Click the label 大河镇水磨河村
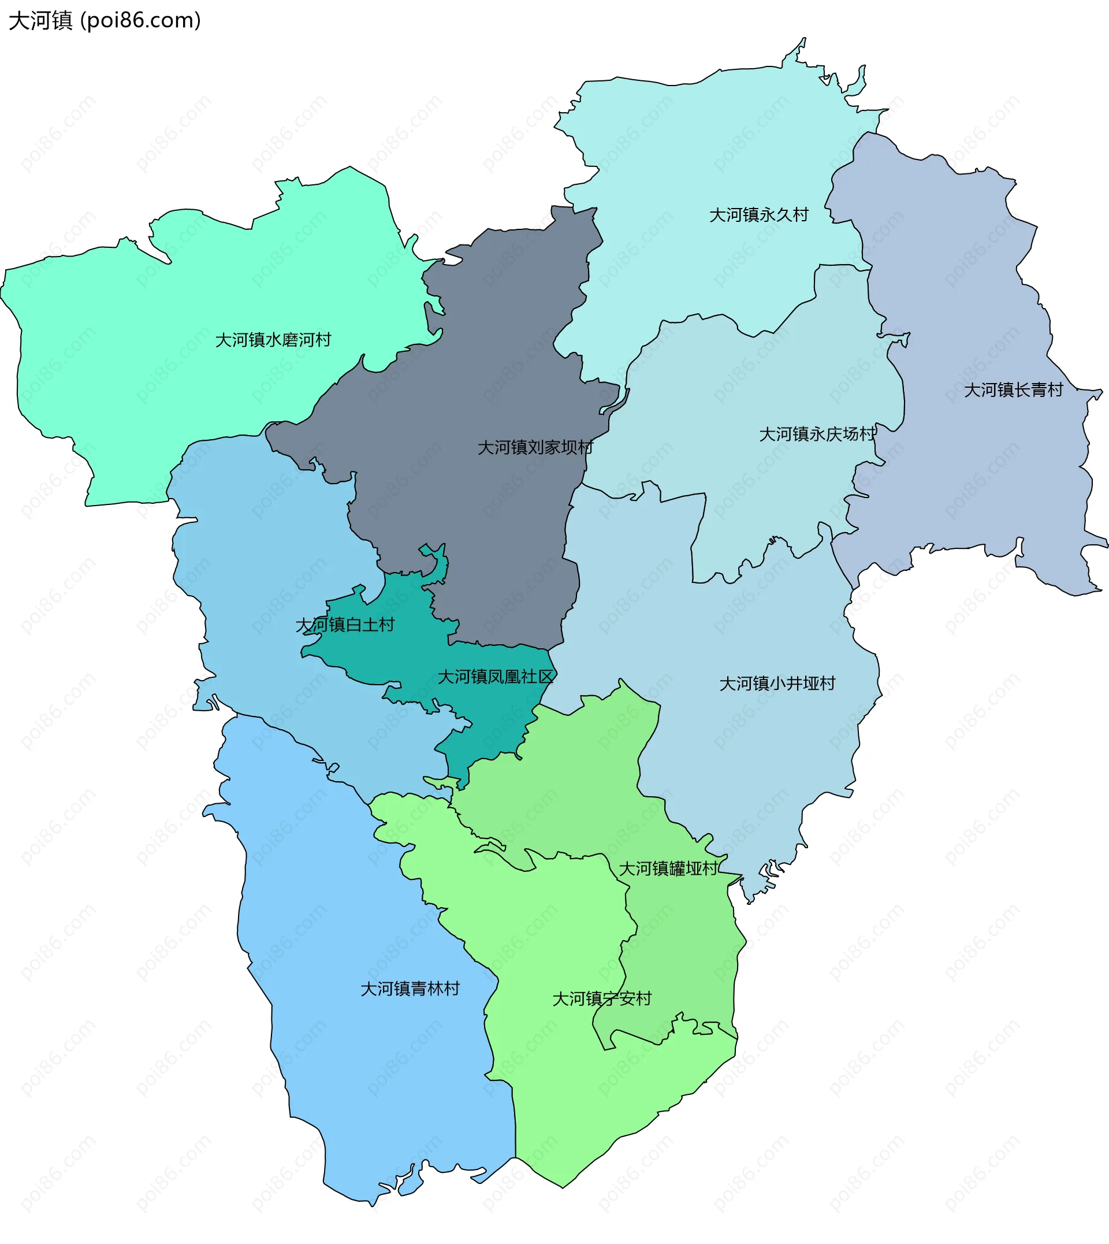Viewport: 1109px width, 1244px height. point(273,340)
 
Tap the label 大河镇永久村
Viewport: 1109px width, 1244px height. point(758,215)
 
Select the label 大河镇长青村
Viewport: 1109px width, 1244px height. point(1013,390)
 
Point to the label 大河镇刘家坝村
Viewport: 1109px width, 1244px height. point(535,447)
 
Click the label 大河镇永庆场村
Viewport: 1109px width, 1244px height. point(817,434)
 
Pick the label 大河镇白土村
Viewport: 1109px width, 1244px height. point(345,625)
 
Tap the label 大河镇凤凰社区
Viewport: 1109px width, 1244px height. point(496,677)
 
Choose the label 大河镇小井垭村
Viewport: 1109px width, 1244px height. point(777,684)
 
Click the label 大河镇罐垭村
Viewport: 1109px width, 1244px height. point(668,868)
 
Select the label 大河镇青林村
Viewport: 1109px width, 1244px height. point(410,989)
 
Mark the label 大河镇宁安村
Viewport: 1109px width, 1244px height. point(601,998)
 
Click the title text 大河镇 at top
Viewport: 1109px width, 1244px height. point(41,21)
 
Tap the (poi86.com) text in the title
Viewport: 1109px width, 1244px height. point(141,21)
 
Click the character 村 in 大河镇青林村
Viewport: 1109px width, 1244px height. point(452,989)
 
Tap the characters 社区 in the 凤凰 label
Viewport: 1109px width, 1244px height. point(537,677)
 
